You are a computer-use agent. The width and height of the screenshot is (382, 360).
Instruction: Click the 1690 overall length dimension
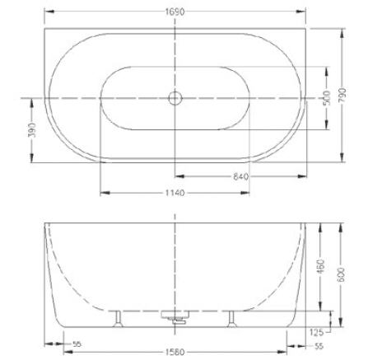[175, 12]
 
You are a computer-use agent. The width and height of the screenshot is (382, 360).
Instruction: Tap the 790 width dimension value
[342, 96]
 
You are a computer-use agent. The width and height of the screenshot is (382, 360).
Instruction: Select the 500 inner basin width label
[327, 98]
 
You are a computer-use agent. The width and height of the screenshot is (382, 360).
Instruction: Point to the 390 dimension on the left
[32, 129]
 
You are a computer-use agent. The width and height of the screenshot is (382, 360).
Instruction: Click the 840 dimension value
[240, 176]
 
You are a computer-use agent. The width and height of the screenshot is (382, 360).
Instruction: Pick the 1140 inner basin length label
[175, 193]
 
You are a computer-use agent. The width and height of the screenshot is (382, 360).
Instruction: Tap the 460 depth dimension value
[320, 266]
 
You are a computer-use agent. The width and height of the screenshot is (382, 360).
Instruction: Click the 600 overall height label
[341, 274]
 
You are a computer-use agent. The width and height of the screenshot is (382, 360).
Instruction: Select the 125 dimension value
[316, 333]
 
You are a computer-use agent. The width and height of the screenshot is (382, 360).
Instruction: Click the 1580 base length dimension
[175, 352]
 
